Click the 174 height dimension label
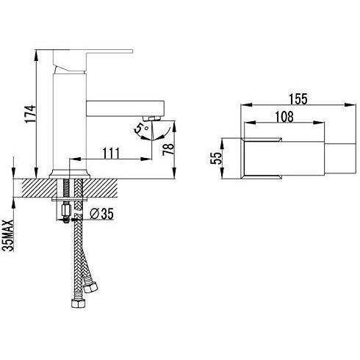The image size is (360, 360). pos(30,114)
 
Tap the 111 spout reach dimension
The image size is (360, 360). pos(111,154)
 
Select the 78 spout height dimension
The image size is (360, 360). pos(168,149)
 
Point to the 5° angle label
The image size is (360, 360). pos(142,128)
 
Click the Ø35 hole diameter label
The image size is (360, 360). pos(101,214)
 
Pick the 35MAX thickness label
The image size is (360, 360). pos(8,235)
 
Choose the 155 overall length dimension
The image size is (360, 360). pos(298,99)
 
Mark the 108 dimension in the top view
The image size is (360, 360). pos(284,117)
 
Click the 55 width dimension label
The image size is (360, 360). pos(216,158)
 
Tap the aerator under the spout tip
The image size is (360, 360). pos(151,118)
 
